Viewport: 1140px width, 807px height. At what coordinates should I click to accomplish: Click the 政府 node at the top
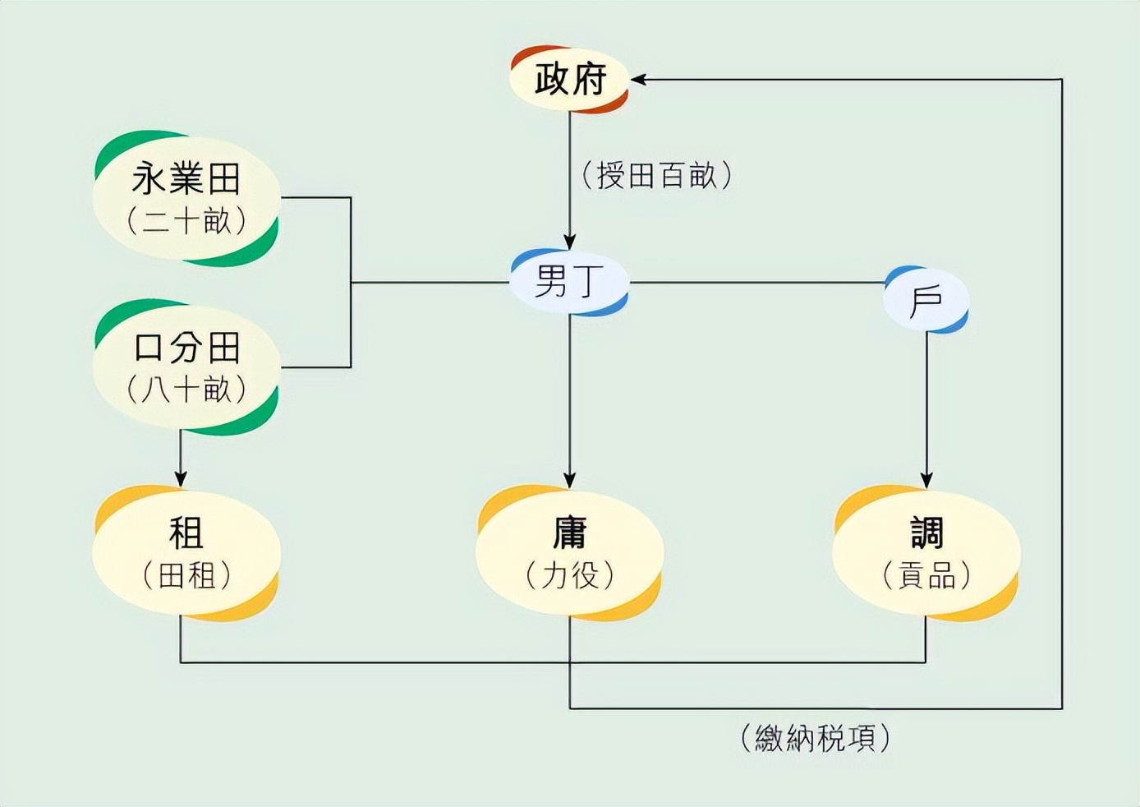click(570, 80)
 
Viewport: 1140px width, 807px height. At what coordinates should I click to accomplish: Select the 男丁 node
click(569, 282)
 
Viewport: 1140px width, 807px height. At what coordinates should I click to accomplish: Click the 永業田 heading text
click(186, 178)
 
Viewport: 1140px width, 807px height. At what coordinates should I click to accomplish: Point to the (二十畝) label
click(186, 220)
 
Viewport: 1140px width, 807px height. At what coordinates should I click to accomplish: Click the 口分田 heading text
click(186, 348)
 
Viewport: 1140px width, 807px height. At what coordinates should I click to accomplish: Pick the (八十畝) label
click(186, 389)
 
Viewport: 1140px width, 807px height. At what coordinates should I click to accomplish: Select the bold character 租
click(186, 533)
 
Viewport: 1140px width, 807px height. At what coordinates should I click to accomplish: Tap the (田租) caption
click(186, 575)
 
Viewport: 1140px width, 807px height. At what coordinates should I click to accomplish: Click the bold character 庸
click(569, 533)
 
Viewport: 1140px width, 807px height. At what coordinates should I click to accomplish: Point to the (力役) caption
click(569, 575)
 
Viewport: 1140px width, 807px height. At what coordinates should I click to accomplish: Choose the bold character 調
click(926, 533)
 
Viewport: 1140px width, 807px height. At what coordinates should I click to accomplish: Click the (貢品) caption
click(926, 575)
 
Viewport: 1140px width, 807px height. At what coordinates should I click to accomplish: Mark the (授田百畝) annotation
click(656, 175)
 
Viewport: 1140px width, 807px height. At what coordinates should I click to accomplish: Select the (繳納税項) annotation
click(815, 738)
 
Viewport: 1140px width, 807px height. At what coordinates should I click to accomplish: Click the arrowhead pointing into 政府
click(638, 80)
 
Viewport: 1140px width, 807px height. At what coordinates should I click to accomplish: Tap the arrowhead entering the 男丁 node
click(570, 242)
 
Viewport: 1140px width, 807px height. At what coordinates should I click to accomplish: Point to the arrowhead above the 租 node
click(181, 478)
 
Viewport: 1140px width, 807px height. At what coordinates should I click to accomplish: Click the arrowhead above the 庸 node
click(570, 480)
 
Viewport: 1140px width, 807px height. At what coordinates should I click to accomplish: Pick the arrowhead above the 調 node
click(926, 480)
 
